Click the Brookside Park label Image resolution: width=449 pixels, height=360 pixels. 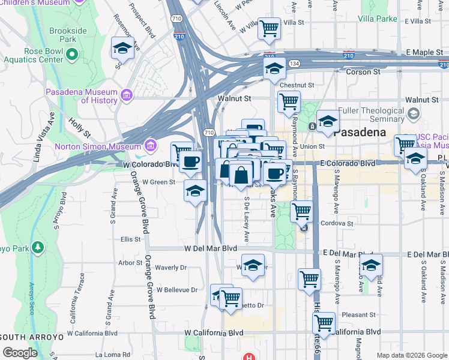[71, 34]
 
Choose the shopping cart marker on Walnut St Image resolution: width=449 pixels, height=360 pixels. [289, 103]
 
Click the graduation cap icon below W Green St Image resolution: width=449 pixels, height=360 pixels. [194, 191]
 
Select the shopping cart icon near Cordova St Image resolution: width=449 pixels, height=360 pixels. [301, 211]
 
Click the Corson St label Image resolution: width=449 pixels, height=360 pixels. [364, 71]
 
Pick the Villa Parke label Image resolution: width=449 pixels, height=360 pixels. [378, 19]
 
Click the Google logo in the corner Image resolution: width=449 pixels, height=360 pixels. [20, 352]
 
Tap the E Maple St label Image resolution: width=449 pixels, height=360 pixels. [423, 53]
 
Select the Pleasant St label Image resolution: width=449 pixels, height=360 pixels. [358, 314]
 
